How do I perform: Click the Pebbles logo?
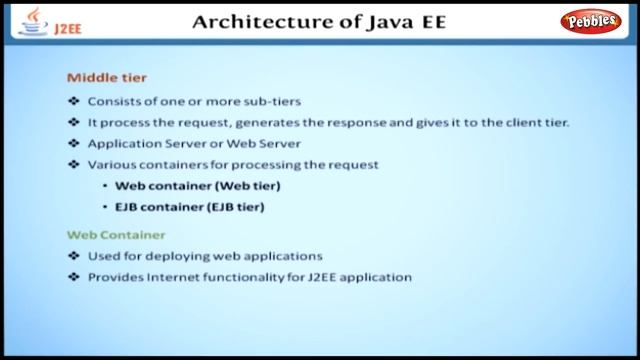[x=592, y=21]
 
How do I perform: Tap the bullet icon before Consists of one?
[x=72, y=101]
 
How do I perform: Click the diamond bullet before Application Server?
[x=72, y=143]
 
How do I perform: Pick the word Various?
[x=109, y=164]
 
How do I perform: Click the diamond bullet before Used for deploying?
[x=72, y=256]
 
